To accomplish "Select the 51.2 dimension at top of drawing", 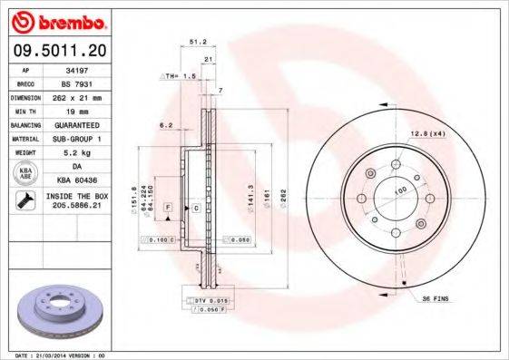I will point(196,41).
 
